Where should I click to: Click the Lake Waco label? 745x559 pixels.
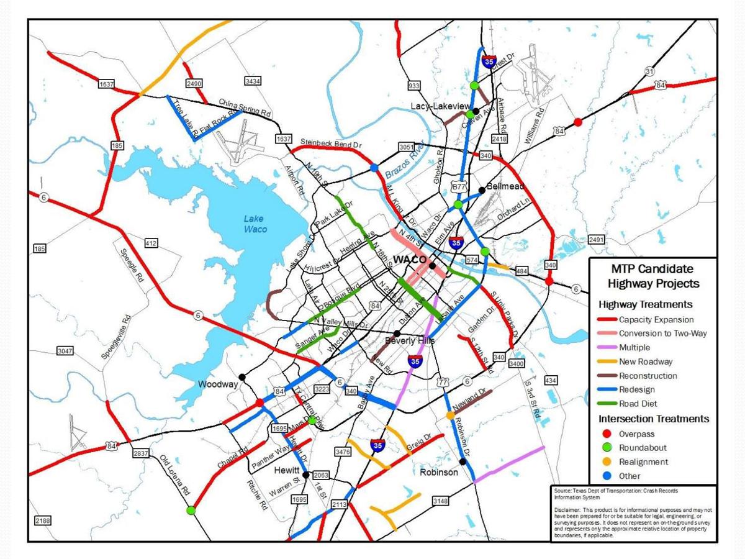coord(255,224)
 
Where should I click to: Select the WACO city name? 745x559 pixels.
coord(410,259)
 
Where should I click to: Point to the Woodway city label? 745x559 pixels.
coord(218,384)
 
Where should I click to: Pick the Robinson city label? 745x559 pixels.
coord(438,472)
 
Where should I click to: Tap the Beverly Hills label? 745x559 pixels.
coord(410,341)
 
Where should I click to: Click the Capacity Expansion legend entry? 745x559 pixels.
coord(656,320)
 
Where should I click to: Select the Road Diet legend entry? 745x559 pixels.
coord(639,403)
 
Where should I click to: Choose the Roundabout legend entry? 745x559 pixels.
coord(643,447)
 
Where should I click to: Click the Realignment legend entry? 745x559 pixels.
coord(643,461)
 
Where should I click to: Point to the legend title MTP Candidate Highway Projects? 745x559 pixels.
coord(652,276)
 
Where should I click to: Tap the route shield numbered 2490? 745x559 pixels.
coord(194,83)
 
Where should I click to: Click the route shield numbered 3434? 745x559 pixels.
coord(253,81)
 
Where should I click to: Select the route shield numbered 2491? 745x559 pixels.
coord(596,240)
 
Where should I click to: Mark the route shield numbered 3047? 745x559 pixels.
coord(65,351)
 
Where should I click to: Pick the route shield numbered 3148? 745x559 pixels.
coord(440,501)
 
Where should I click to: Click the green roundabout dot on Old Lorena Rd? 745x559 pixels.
coord(191,511)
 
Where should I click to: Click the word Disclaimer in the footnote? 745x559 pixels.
coord(567,509)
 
